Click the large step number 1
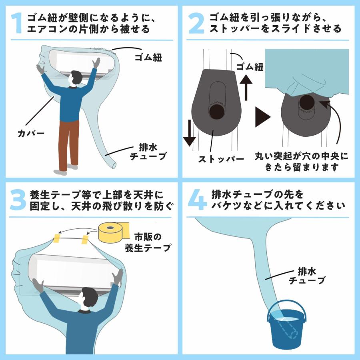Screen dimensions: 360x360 coord(17,23)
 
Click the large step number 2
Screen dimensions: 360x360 coord(196,23)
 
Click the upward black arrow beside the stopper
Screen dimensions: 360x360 coord(246,87)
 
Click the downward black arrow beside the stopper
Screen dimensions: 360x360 coord(190,133)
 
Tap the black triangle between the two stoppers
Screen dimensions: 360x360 coord(263,117)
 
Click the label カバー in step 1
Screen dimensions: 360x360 coord(31,133)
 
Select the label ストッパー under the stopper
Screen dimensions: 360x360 coord(221,159)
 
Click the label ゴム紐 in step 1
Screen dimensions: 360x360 coord(148,57)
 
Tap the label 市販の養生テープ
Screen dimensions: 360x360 coord(148,242)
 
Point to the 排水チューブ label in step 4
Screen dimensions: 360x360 coord(307,276)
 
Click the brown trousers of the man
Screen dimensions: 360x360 coord(68,145)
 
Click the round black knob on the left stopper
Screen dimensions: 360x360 coord(217,112)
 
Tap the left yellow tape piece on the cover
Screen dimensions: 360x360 coord(56,238)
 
